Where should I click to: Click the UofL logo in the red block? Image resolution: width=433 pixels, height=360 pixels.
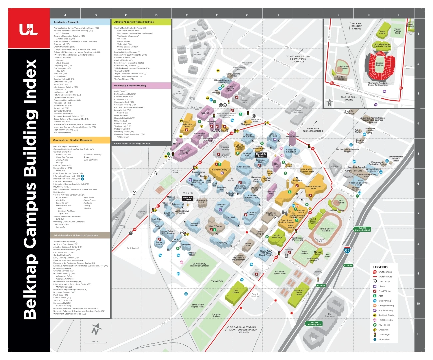(29, 29)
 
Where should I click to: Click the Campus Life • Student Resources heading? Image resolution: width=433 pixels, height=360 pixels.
(73, 140)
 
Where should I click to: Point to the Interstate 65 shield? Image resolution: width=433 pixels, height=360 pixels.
(347, 250)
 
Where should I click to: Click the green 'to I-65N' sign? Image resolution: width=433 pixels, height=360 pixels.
(348, 265)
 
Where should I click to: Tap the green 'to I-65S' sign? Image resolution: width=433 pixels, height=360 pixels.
(321, 285)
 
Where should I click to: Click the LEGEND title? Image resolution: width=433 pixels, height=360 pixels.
(380, 267)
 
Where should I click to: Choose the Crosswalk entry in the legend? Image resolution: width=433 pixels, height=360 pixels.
(383, 330)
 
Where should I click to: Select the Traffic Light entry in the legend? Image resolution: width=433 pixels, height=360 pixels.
(384, 334)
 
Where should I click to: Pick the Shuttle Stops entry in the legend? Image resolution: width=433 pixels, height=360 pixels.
(385, 272)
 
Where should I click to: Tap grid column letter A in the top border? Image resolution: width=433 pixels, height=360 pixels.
(65, 15)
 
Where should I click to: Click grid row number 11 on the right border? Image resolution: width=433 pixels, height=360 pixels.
(418, 334)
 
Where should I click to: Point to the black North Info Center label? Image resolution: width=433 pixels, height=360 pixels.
(261, 155)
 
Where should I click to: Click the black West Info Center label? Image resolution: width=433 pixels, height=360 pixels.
(188, 199)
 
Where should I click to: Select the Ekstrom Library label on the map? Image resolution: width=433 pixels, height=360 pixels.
(219, 170)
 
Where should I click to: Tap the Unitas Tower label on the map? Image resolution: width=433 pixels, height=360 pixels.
(292, 137)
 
